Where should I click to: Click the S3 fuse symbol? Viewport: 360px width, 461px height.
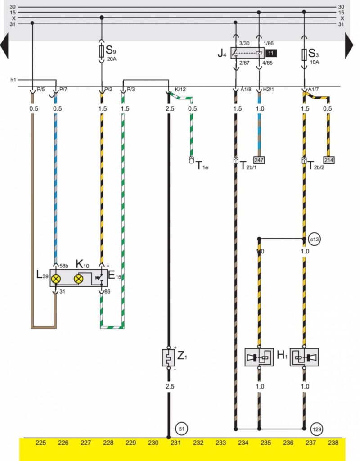click(x=304, y=54)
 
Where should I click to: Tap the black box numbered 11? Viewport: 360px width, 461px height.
click(x=271, y=53)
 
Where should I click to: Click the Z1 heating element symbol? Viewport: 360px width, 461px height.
click(x=168, y=358)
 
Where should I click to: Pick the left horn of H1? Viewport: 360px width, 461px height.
click(x=259, y=357)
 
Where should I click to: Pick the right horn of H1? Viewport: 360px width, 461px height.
click(x=304, y=357)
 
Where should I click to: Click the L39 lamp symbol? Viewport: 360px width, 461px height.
click(x=56, y=279)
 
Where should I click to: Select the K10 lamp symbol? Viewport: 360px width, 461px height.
click(x=78, y=279)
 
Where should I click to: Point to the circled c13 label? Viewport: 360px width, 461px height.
click(x=315, y=239)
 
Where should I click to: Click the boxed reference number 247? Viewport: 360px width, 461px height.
click(x=259, y=160)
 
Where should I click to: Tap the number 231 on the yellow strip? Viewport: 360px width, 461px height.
click(x=175, y=443)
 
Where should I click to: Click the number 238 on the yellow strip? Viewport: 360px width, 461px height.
click(x=333, y=443)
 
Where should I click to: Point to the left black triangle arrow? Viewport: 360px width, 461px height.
click(x=4, y=46)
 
